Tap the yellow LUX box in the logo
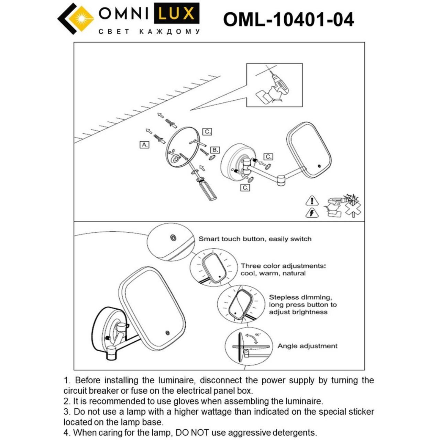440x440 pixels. [176, 14]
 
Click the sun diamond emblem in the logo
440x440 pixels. [81, 19]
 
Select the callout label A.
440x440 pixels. [144, 145]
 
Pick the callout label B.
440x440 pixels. [215, 150]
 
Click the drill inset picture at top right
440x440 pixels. [274, 85]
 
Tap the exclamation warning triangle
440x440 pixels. [312, 201]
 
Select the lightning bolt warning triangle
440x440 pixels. [312, 213]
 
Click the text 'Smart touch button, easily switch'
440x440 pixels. [255, 239]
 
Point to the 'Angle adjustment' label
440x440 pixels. [307, 346]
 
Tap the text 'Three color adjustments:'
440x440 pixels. [283, 266]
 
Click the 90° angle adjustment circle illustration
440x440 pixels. [247, 346]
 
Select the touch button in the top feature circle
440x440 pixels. [173, 238]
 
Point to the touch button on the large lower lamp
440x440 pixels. [167, 332]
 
